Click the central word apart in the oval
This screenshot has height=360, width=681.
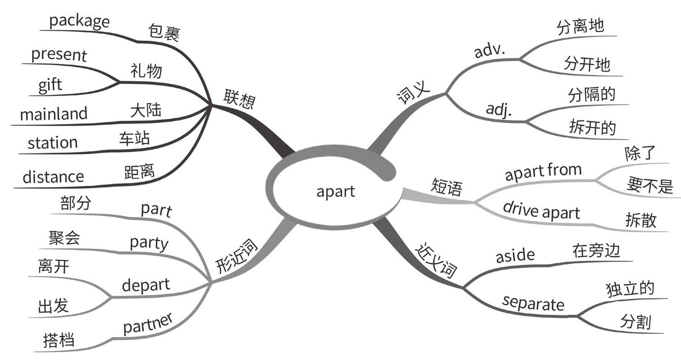click(x=335, y=191)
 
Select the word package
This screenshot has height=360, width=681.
click(x=79, y=21)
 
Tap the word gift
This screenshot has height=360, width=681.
click(x=50, y=86)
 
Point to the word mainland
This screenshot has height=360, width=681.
click(x=54, y=113)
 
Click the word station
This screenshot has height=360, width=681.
click(x=52, y=142)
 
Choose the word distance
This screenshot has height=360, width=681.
click(x=53, y=177)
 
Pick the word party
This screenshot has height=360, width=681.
click(x=149, y=243)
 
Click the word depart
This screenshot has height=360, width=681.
click(x=145, y=285)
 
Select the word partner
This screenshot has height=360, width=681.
click(x=148, y=324)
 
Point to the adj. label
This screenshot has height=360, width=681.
click(x=499, y=110)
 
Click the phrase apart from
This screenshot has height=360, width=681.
click(x=543, y=173)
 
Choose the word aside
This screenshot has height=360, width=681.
click(x=515, y=255)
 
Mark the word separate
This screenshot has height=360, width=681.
click(x=533, y=302)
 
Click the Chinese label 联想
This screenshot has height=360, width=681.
click(x=239, y=99)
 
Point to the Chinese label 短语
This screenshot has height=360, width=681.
click(x=447, y=187)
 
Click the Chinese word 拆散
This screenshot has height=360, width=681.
click(x=641, y=220)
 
